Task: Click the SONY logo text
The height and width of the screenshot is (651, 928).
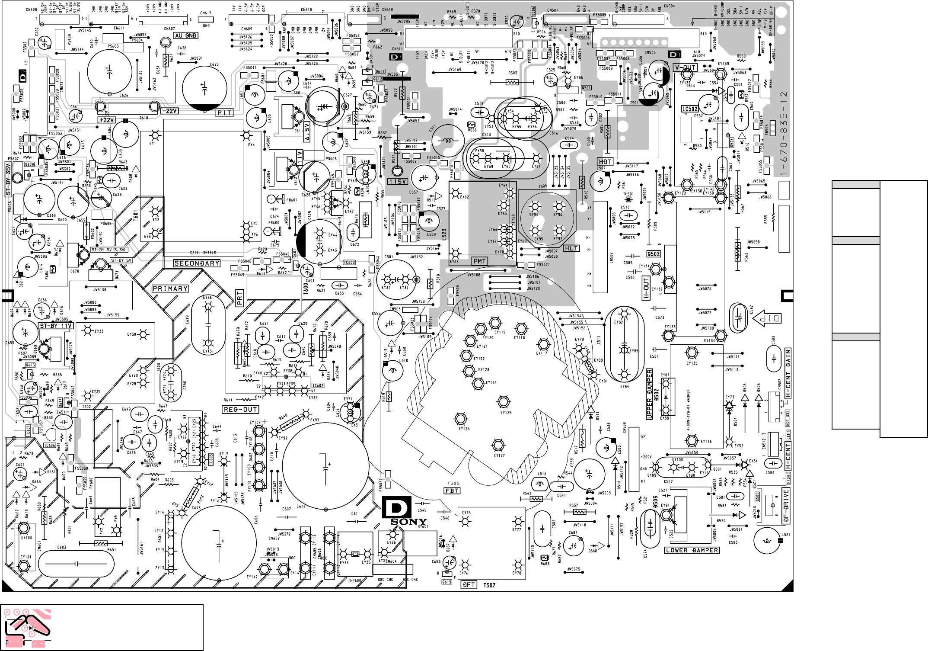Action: [408, 522]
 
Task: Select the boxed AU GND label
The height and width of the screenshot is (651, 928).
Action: [185, 35]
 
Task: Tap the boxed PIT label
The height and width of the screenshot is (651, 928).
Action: [225, 113]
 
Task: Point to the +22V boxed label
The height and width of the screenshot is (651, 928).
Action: [106, 120]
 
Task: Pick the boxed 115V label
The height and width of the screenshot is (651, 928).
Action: [397, 182]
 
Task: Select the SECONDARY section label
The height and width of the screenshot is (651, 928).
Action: [197, 263]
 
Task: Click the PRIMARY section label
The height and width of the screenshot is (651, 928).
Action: [170, 289]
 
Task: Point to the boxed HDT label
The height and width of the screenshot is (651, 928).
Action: [605, 162]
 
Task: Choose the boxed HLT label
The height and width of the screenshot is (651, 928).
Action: [571, 248]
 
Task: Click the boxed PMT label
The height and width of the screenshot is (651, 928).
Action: [480, 261]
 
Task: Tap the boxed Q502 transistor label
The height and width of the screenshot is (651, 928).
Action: [653, 254]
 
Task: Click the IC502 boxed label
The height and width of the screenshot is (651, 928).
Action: [690, 109]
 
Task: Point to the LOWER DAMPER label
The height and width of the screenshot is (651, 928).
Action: [692, 550]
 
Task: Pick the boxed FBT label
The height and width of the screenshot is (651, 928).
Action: [452, 491]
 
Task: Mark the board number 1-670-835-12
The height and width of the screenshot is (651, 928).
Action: [784, 134]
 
